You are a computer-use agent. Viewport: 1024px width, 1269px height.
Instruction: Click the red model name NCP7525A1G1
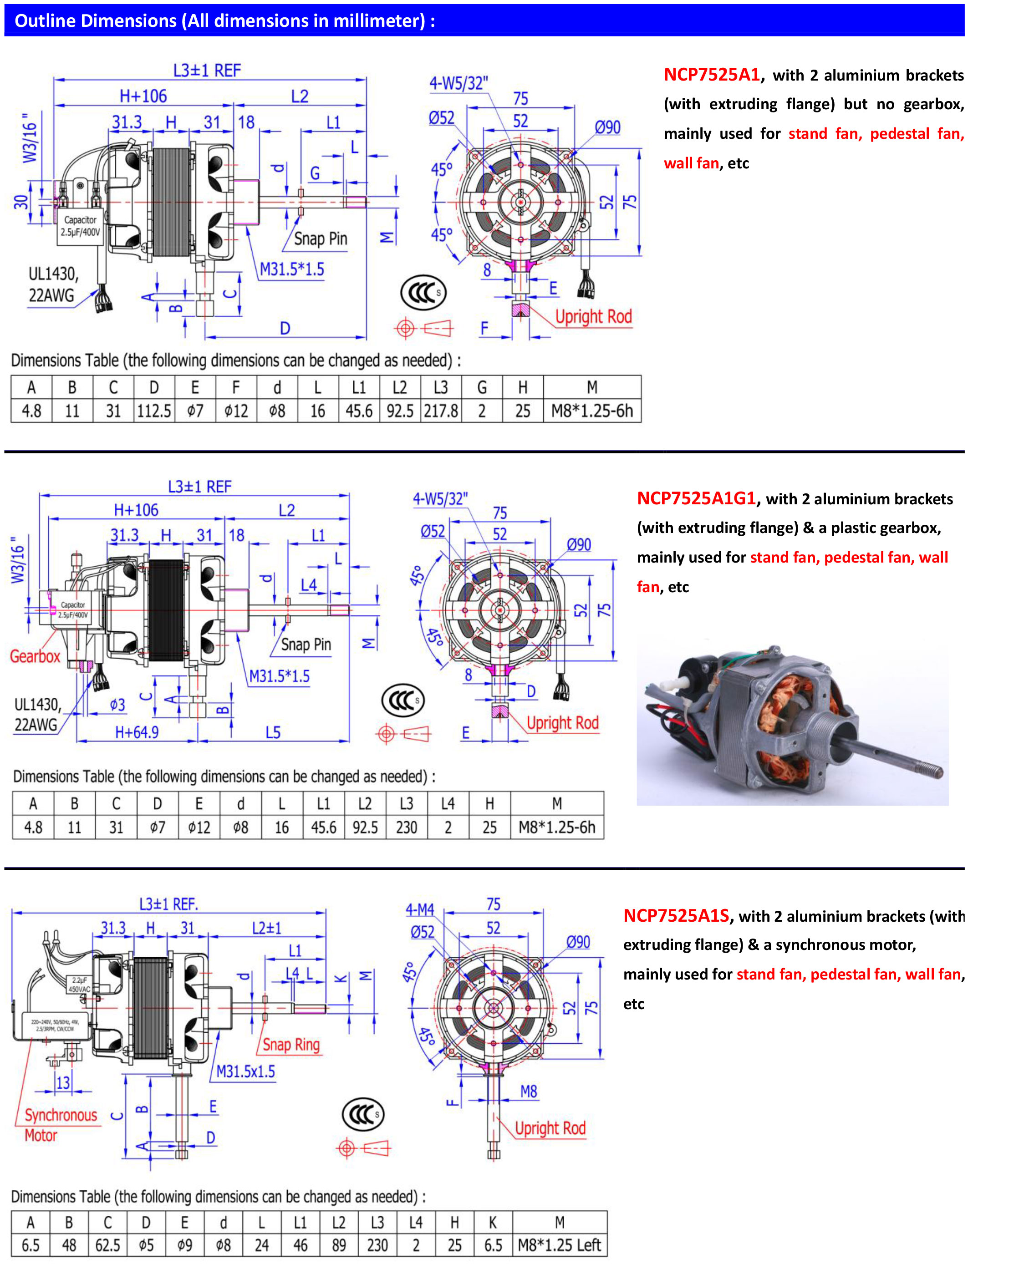click(x=696, y=498)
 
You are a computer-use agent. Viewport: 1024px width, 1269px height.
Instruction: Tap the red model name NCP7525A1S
click(x=676, y=915)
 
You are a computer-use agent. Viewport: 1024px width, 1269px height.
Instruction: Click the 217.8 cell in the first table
click(x=441, y=411)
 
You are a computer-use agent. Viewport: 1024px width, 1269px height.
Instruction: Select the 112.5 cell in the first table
click(x=154, y=411)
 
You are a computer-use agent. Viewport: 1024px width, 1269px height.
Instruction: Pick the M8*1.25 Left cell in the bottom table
click(x=559, y=1245)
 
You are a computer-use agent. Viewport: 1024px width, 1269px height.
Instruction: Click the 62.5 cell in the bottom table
click(x=107, y=1245)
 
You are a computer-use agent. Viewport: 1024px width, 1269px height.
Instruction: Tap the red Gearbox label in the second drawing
click(x=35, y=656)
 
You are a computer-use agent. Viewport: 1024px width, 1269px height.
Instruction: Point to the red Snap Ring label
click(x=291, y=1044)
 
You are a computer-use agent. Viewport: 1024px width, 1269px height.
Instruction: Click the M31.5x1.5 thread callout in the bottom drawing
click(x=245, y=1071)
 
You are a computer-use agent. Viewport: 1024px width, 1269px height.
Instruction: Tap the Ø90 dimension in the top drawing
click(x=607, y=127)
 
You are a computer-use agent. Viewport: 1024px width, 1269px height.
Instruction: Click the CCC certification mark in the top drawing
click(x=423, y=293)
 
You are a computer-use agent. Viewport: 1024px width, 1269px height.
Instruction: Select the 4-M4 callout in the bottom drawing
click(x=419, y=910)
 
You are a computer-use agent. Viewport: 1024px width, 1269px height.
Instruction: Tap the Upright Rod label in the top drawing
click(x=593, y=317)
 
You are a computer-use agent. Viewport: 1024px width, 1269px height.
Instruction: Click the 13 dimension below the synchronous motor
click(x=62, y=1082)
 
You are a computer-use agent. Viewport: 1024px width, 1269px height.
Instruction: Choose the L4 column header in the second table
click(x=448, y=804)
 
